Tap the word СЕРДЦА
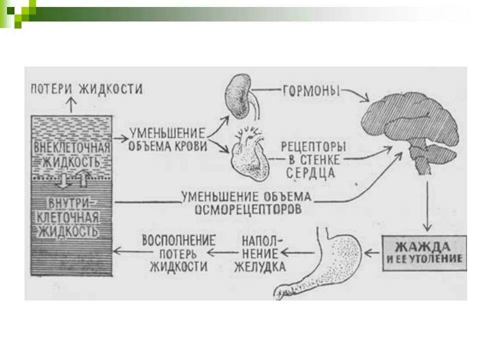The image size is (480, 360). tap(310, 173)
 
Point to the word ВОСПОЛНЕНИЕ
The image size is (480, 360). tap(178, 239)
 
